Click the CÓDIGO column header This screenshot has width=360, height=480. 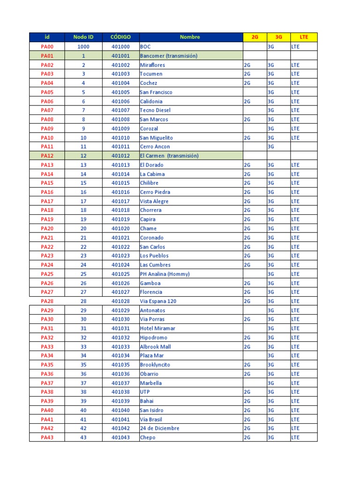click(x=120, y=37)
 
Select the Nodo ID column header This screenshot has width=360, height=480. click(x=83, y=37)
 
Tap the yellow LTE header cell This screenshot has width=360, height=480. click(x=304, y=37)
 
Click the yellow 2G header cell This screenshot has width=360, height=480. click(x=255, y=37)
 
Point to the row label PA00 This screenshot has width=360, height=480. click(x=47, y=47)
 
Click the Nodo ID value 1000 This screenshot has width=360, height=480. click(x=83, y=47)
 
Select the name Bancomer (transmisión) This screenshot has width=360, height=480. click(x=168, y=56)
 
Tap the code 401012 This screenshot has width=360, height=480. click(x=120, y=156)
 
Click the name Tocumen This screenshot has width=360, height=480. click(x=151, y=74)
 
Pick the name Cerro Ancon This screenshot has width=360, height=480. click(x=155, y=147)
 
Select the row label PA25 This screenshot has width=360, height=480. click(x=47, y=274)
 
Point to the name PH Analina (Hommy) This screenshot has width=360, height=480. click(x=165, y=274)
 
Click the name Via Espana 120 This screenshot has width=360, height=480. click(x=158, y=301)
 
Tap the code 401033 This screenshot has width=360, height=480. click(x=120, y=347)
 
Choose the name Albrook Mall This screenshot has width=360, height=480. click(x=155, y=347)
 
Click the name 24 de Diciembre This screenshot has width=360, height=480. click(x=159, y=428)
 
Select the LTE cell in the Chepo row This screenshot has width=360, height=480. click(x=295, y=437)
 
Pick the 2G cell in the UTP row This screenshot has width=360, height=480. click(x=247, y=392)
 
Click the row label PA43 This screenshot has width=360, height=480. click(x=47, y=437)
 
